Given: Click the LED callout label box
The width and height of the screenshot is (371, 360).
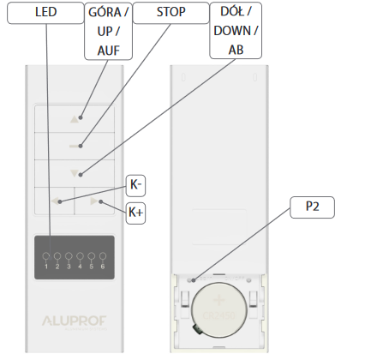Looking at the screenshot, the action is tap(45, 13).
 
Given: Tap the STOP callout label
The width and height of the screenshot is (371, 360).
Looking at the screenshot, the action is tap(171, 13).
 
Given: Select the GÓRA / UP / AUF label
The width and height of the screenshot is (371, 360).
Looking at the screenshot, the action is tap(109, 31).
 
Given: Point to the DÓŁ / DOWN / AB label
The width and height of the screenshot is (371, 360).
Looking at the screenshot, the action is tap(236, 30).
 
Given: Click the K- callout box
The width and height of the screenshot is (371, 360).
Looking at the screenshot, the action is tap(135, 185).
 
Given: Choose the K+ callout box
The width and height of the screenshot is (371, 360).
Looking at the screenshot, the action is tap(135, 213).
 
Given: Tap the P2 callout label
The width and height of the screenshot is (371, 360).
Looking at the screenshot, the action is tap(312, 207).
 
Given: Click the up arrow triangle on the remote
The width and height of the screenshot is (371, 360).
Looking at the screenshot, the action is tap(75, 119).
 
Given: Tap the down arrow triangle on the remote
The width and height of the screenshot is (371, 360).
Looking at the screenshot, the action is tap(75, 173).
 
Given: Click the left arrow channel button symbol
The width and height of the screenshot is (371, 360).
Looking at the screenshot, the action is tap(55, 201).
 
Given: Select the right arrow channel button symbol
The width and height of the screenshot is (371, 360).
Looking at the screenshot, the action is tap(93, 201).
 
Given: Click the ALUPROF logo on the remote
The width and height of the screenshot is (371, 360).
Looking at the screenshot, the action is tap(75, 321).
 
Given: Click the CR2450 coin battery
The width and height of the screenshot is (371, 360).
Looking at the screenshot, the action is tap(219, 309).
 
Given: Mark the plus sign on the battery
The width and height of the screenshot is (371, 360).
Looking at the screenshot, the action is tap(219, 300).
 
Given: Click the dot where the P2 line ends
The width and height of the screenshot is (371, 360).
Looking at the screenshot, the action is tap(194, 280).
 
